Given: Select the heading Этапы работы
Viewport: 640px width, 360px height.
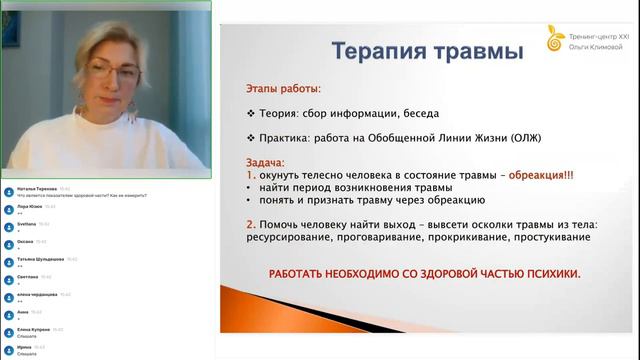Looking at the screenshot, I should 283,89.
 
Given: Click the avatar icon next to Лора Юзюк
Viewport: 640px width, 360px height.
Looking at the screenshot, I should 8,208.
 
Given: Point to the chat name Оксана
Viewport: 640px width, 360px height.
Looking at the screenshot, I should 26,240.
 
